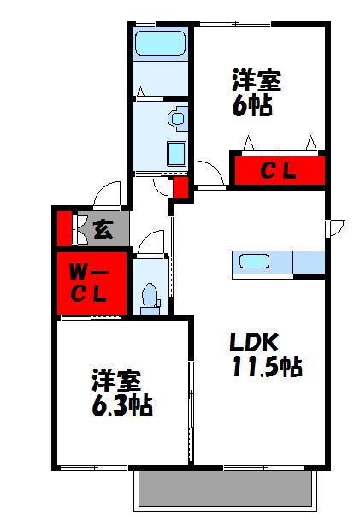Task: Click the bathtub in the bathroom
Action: click(160, 44)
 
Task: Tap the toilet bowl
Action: click(150, 296)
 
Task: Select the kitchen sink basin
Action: click(254, 262)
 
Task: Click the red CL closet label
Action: click(278, 171)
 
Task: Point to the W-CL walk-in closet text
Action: click(89, 284)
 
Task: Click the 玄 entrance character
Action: click(103, 228)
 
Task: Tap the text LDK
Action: click(252, 342)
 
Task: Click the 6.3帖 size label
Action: click(122, 404)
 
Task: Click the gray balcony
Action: click(223, 489)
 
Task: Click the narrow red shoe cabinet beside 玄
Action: click(63, 227)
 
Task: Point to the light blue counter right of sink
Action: click(309, 262)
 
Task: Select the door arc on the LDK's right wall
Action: click(335, 227)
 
